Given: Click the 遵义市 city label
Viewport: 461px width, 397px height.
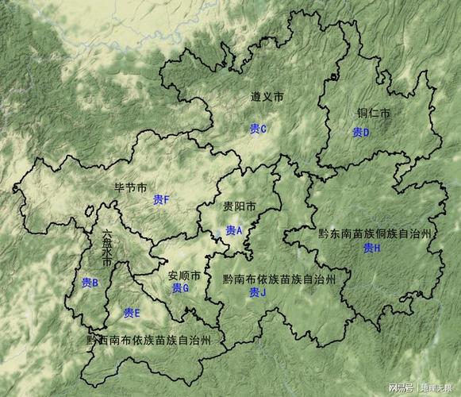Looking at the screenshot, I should (267, 97).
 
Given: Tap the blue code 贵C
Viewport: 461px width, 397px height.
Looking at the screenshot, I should (258, 129).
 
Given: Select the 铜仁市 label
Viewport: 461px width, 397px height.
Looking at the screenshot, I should (373, 114).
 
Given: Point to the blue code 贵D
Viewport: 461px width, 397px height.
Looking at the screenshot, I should (361, 132).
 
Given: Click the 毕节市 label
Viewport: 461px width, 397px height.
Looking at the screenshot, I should (131, 188).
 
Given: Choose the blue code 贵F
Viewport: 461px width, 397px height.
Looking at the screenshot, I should (162, 199).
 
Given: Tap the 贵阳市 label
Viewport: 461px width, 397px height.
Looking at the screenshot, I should (240, 206).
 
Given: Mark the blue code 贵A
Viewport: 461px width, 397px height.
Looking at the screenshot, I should (233, 230).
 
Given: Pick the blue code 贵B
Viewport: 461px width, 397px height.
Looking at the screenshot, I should (90, 282).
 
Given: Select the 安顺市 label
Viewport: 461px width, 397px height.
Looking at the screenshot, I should (184, 276).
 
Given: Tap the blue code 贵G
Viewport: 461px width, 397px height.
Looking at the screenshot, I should (180, 287).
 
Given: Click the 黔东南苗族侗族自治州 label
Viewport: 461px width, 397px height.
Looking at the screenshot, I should (375, 233).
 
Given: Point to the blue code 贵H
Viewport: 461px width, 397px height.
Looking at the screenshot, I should (372, 248).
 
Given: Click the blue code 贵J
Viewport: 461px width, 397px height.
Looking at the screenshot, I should (258, 292).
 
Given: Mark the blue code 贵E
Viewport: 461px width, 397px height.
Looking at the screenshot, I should (132, 313).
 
